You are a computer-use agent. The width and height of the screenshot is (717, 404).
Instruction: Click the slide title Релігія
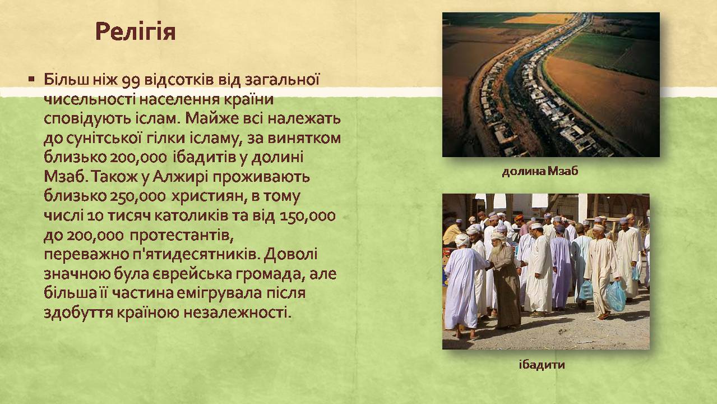136,32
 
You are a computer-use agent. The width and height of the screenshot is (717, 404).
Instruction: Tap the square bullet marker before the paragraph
31,79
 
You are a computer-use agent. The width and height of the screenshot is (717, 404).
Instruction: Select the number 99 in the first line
131,80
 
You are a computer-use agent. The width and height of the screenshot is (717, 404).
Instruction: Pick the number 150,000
308,216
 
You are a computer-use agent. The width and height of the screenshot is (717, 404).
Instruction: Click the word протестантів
182,236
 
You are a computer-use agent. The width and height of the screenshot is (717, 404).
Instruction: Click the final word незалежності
238,313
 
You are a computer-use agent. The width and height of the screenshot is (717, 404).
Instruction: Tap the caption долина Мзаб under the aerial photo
540,172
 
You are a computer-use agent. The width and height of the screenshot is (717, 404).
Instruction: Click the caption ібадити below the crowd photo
542,365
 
